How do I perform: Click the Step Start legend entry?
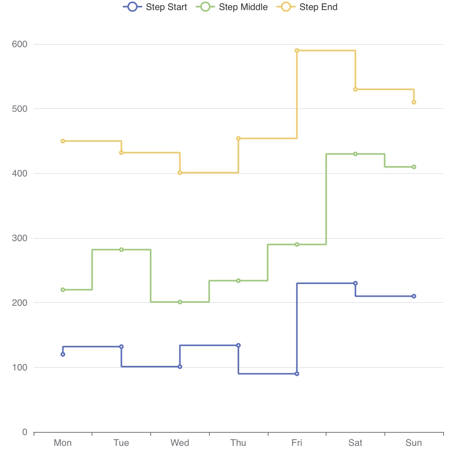pos(155,7)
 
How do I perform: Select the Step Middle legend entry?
pos(232,7)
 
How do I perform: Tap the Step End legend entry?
pos(308,7)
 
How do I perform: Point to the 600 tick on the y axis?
pos(20,44)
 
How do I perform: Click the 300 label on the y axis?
pos(20,238)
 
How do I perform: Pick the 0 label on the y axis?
pos(25,432)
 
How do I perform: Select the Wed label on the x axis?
pos(180,443)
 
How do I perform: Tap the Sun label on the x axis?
pos(413,443)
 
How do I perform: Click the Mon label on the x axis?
pos(63,443)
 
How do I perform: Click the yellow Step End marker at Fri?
pos(297,51)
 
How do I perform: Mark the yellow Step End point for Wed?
pos(180,173)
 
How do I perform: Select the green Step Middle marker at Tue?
pos(121,250)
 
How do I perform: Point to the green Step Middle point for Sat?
pos(355,154)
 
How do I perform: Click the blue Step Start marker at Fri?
pos(297,374)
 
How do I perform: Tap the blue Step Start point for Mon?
pos(63,354)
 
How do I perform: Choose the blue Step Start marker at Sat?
pos(355,283)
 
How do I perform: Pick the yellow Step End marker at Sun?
pos(414,102)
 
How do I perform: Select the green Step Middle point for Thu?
pos(238,280)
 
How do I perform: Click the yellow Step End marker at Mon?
pos(63,141)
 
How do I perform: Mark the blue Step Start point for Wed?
pos(180,367)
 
